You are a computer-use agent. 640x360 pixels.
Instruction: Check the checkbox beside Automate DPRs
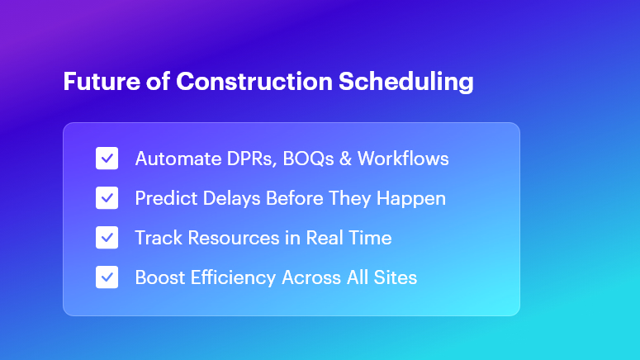click(107, 159)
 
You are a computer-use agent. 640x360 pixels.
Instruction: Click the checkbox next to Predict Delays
click(107, 198)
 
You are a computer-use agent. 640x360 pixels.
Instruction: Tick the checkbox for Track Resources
click(107, 238)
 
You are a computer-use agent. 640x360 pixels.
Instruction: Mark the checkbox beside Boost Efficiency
click(107, 277)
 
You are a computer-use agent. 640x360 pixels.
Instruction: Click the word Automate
click(173, 159)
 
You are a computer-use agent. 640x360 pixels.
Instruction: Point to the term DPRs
click(246, 159)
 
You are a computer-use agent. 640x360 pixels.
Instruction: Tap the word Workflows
click(405, 159)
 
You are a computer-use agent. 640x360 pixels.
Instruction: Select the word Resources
click(233, 238)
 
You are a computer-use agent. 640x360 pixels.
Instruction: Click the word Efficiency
click(231, 277)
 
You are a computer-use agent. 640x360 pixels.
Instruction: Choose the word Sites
click(395, 277)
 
